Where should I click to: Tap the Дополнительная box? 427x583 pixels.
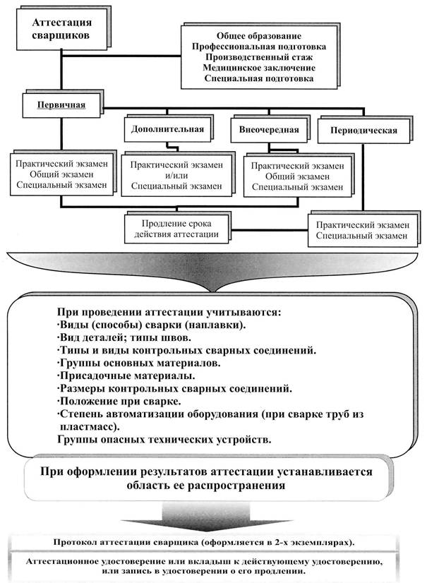pos(167,129)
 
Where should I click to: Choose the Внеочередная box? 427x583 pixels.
pos(269,130)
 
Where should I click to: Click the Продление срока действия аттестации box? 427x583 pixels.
pos(179,227)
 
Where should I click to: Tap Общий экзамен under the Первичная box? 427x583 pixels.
pos(60,174)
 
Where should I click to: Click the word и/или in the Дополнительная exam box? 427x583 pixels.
pos(167,176)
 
